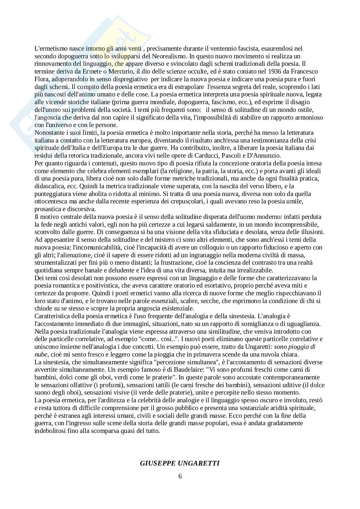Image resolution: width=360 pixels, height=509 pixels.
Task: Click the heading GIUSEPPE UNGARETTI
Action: click(180, 463)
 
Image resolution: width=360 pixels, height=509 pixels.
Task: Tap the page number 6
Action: click(180, 476)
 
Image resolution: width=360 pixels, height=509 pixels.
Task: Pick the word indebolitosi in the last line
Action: click(50, 431)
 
